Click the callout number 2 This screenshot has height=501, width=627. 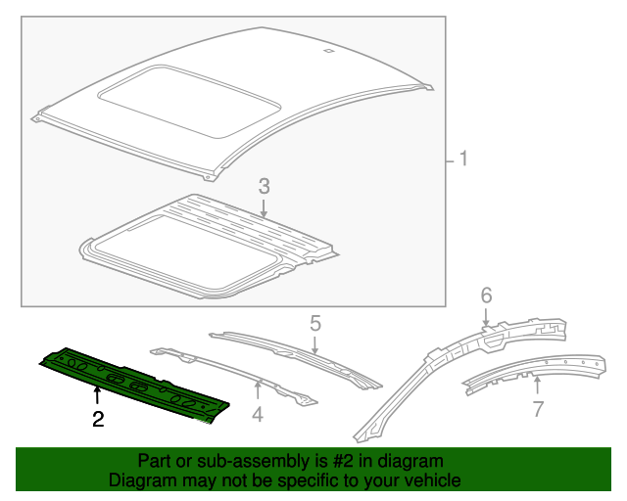(97, 421)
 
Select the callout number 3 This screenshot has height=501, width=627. (264, 185)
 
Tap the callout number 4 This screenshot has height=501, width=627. (258, 414)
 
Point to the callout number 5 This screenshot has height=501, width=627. (315, 322)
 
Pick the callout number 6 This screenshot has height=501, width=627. (485, 295)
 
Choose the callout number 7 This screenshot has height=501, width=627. (537, 409)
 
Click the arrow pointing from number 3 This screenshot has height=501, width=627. (264, 206)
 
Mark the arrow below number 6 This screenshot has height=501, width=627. (485, 317)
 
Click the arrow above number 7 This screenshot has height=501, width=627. (537, 385)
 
